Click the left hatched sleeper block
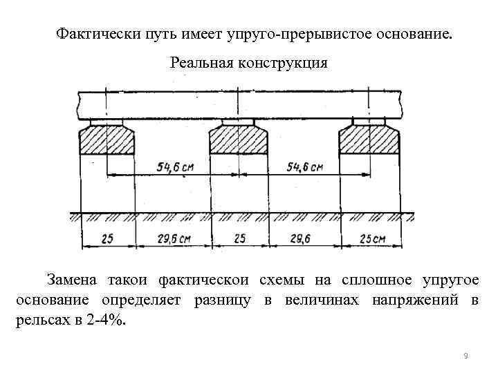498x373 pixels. click(107, 142)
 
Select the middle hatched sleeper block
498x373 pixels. click(237, 142)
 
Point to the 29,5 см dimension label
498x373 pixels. click(172, 239)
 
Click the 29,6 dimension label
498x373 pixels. click(303, 239)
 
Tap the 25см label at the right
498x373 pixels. click(371, 239)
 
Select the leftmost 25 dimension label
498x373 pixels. click(107, 239)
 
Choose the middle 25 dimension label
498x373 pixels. click(238, 239)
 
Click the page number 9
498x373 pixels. click(465, 356)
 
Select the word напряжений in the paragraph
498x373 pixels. click(416, 301)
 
